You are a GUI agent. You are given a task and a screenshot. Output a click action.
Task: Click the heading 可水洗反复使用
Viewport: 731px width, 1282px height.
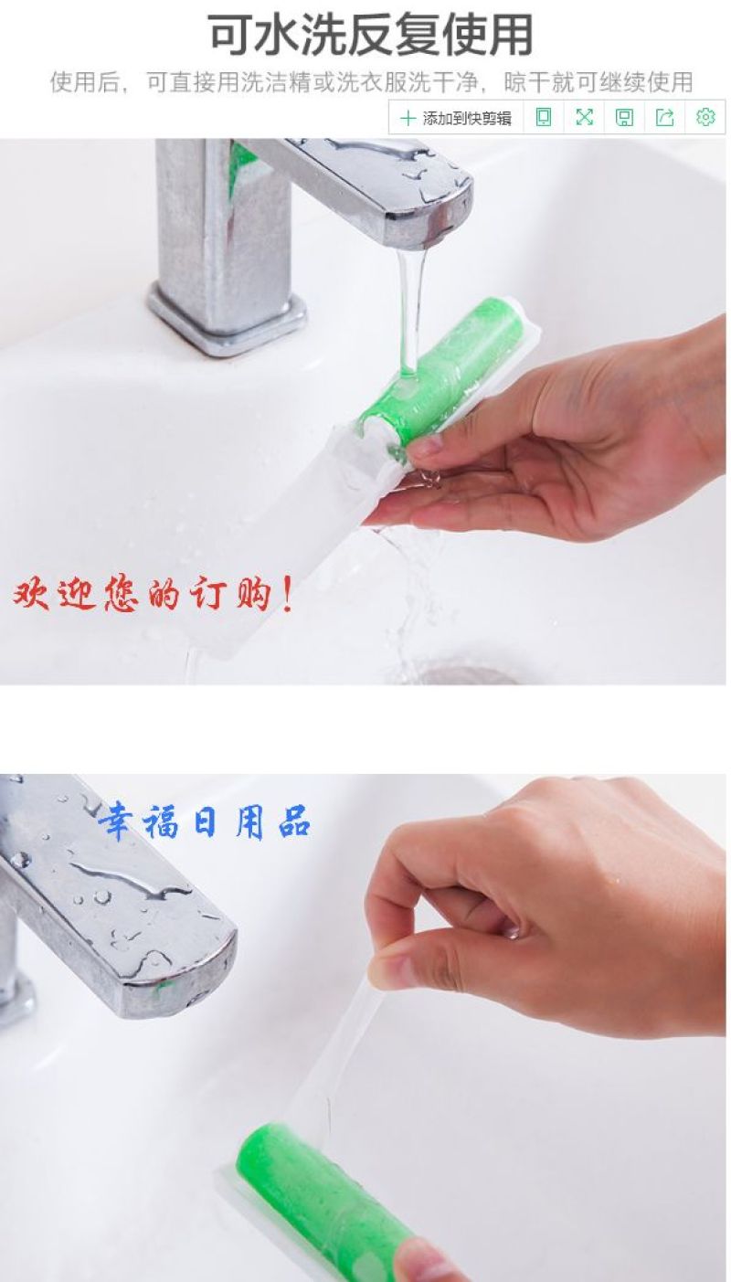point(371,36)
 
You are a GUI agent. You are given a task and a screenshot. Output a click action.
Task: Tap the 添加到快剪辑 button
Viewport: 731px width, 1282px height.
point(456,118)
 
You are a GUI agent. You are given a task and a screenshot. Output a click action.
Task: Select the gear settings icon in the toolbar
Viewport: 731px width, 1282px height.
point(705,117)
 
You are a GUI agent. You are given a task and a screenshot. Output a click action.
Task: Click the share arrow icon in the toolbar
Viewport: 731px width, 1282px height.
point(664,117)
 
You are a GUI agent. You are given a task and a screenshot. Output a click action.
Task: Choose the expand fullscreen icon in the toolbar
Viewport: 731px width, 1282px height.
point(584,117)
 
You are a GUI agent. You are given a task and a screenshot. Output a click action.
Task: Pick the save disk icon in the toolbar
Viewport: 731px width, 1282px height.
point(624,117)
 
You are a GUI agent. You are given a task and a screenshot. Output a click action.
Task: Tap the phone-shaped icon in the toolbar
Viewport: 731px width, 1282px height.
point(544,117)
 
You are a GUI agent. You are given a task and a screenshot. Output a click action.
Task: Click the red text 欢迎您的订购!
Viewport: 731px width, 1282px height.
point(153,595)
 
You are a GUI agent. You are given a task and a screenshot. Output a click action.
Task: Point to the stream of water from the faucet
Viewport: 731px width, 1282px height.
point(413,309)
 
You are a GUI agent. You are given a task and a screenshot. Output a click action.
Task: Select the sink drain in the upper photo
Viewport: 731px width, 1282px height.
point(463,674)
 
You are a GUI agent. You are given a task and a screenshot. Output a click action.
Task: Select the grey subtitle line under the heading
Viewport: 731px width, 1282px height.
point(371,82)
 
